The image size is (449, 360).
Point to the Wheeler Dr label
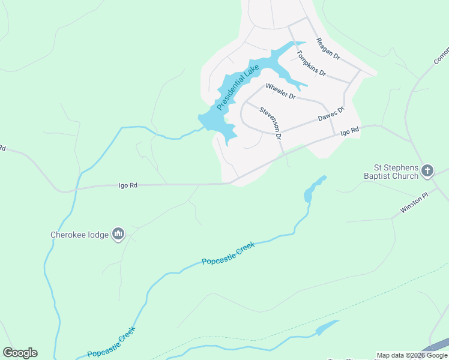tap(280, 91)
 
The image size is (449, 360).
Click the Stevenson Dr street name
tap(271, 123)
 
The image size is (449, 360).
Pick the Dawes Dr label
tap(331, 113)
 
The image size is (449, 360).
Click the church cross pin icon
tap(427, 171)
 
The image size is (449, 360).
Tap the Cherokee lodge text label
tap(79, 235)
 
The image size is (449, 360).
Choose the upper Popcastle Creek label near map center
tap(228, 253)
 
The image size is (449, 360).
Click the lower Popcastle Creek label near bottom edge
tap(112, 343)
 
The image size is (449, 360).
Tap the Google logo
tap(20, 353)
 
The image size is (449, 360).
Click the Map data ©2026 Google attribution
tap(412, 355)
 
